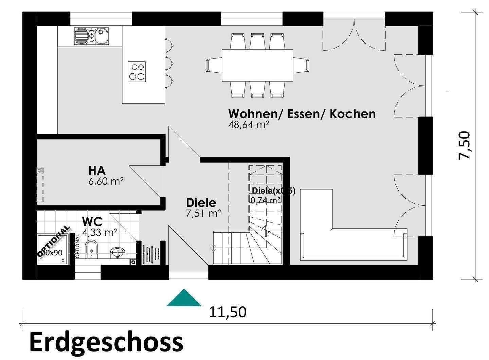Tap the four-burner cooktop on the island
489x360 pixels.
[x=137, y=72]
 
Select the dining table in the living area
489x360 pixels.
[x=257, y=65]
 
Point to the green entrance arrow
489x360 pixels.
[x=184, y=299]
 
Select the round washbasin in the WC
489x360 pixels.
[x=118, y=252]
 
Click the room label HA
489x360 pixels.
[x=97, y=170]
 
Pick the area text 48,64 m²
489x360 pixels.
[x=249, y=125]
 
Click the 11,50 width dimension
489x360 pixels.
[x=227, y=312]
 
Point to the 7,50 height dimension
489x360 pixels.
[x=464, y=145]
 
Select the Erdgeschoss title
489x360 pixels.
[x=106, y=342]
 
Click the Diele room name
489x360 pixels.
[x=201, y=203]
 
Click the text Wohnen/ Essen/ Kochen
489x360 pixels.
[x=302, y=114]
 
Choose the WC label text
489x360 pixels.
[x=92, y=222]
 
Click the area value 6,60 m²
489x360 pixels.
[x=105, y=181]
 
